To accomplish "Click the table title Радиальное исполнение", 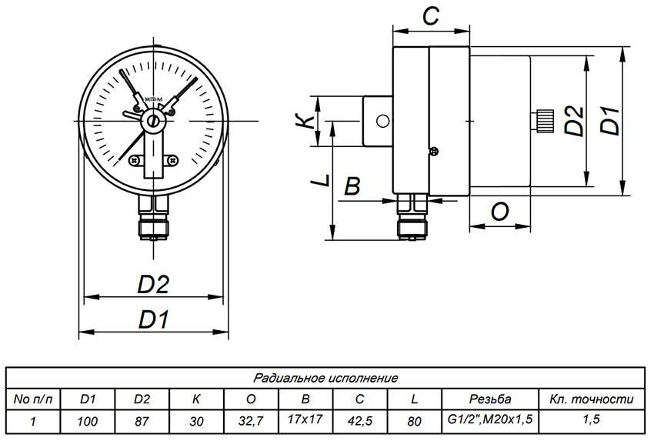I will [x=325, y=378].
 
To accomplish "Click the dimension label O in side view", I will [x=499, y=212].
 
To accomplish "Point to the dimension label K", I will [x=305, y=121].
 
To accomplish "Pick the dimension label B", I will [x=352, y=185].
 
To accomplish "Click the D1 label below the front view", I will [x=154, y=318].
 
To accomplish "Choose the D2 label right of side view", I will [x=571, y=120].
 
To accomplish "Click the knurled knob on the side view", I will [x=543, y=121].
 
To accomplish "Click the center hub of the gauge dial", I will [x=154, y=121].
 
